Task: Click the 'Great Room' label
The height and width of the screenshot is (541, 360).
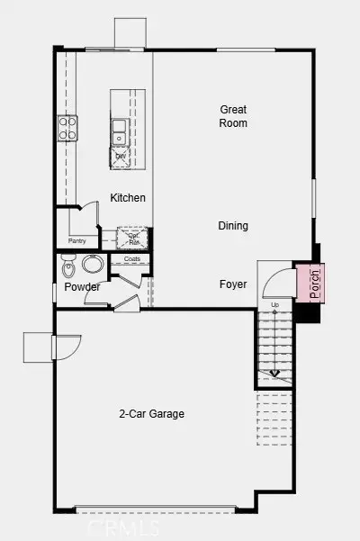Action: [x=233, y=116]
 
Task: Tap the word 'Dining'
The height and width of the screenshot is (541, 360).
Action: [x=233, y=226]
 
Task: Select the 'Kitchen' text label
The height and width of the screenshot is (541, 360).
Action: [x=128, y=198]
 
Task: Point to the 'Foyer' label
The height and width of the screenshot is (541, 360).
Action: [x=233, y=284]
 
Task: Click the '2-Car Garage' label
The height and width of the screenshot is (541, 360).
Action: [x=152, y=414]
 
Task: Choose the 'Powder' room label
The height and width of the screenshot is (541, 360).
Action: [x=82, y=287]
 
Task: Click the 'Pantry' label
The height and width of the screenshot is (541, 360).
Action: [x=77, y=241]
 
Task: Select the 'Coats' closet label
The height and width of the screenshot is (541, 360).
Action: [x=131, y=259]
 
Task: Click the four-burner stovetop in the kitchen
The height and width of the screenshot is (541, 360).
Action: [x=68, y=128]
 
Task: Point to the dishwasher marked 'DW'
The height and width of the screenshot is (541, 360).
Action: [x=121, y=157]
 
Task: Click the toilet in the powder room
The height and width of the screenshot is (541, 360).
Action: [x=68, y=268]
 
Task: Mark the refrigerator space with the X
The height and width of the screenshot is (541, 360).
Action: [x=133, y=238]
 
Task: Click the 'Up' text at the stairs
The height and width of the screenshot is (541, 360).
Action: [x=274, y=306]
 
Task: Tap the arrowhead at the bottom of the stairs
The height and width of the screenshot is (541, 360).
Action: [x=274, y=374]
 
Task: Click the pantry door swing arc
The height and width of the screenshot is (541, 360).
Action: [x=88, y=214]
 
